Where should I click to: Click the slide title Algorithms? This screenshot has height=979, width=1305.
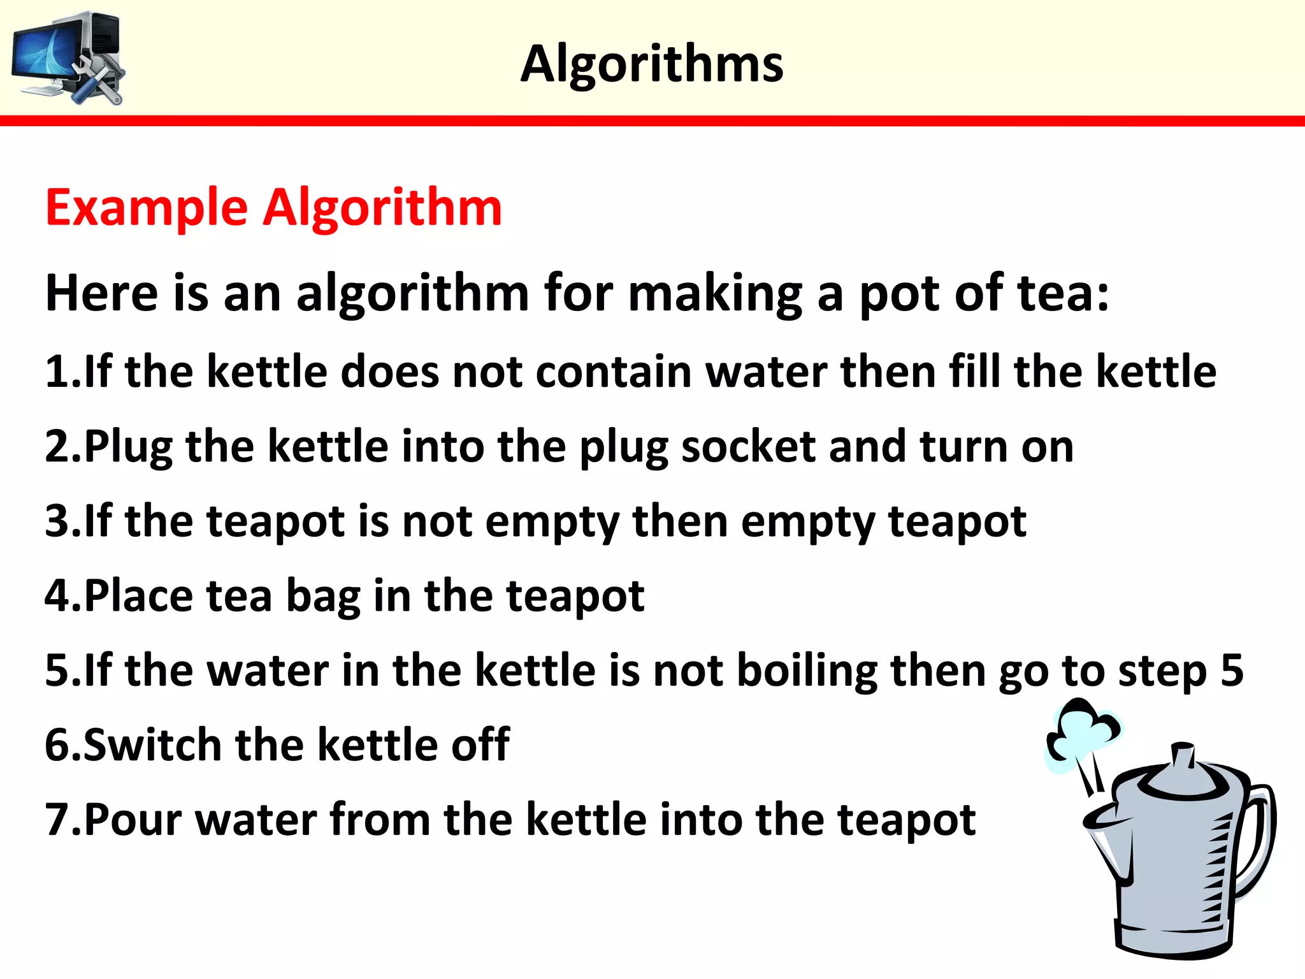click(x=651, y=64)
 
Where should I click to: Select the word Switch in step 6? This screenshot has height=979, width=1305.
click(x=152, y=744)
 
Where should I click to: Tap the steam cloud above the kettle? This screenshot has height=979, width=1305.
click(x=1083, y=733)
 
